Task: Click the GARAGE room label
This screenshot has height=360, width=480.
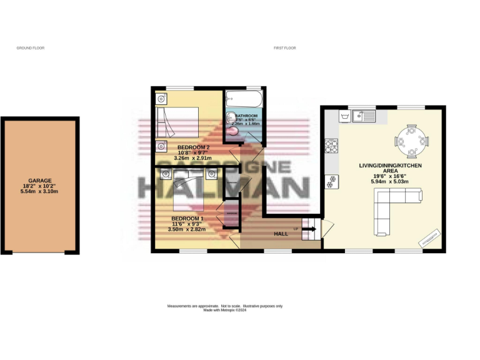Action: pos(40,180)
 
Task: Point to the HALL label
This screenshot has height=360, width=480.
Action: pos(281,233)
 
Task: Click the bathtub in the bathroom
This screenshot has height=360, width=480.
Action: pos(245,99)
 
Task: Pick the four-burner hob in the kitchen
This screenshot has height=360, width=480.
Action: pos(331,147)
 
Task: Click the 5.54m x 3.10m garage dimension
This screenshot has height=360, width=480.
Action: pos(40,192)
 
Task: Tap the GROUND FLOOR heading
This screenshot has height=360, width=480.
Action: pos(31,48)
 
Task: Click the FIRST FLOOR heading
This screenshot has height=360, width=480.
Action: pos(285,48)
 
